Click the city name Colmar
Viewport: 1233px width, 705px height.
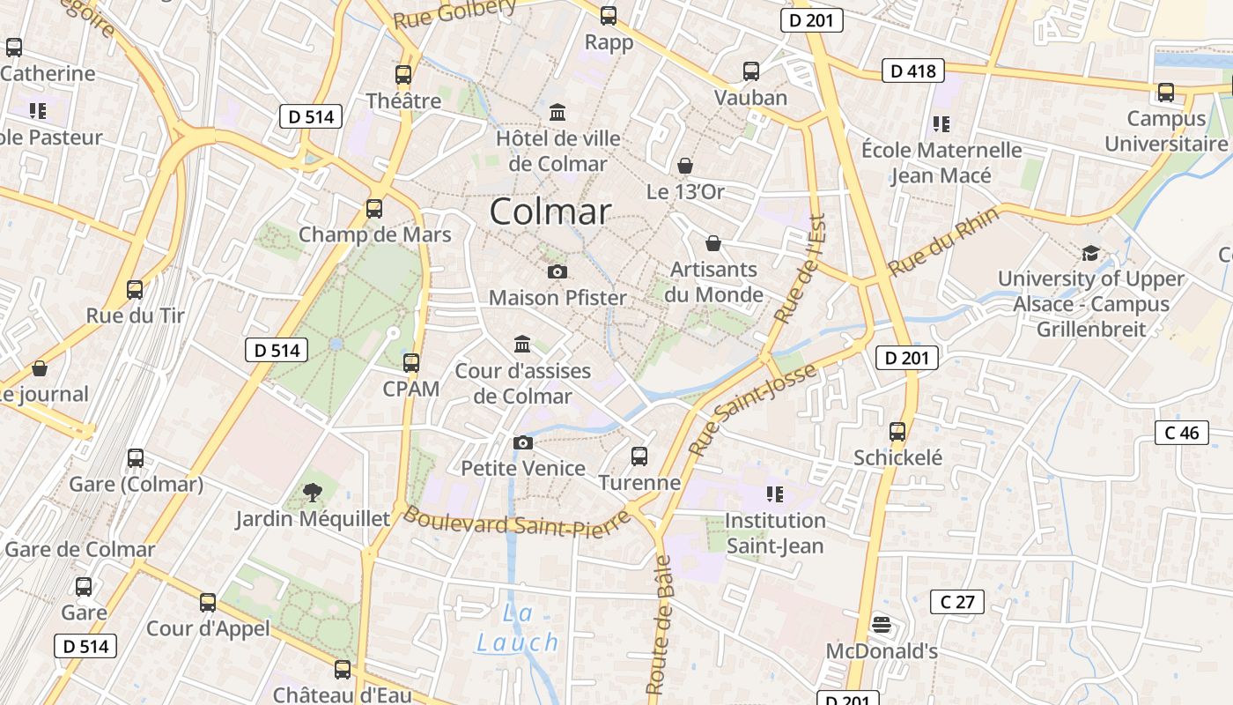[550, 211]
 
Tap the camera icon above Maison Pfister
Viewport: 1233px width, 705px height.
[557, 271]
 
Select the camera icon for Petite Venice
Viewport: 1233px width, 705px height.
[523, 442]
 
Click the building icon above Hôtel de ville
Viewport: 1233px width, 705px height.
[557, 113]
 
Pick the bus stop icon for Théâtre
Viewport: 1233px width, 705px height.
[403, 75]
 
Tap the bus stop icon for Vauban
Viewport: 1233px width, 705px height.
[751, 71]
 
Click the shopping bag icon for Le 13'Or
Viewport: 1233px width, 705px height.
[685, 166]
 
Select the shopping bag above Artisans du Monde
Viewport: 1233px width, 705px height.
[713, 242]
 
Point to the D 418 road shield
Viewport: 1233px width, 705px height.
[913, 70]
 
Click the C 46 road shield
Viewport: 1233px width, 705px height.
[1181, 433]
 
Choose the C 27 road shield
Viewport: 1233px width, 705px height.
[957, 602]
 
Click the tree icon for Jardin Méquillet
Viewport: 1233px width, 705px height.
[312, 493]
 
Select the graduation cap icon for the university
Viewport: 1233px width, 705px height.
[1090, 254]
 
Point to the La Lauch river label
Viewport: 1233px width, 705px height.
[518, 627]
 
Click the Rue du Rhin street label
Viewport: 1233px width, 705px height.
[944, 241]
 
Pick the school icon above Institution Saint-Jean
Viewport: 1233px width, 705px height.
[775, 494]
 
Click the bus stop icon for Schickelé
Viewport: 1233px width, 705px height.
[897, 432]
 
